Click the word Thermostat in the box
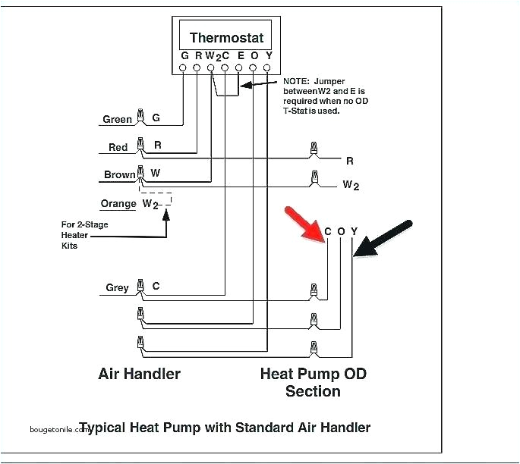(225, 38)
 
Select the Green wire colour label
(117, 119)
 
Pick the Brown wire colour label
(119, 174)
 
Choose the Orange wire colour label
(118, 203)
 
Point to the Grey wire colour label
(117, 287)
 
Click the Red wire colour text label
(118, 147)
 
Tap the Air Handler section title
(139, 374)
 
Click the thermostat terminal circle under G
(183, 68)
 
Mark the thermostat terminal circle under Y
(267, 68)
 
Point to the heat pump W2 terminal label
(350, 184)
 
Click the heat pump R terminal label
(349, 161)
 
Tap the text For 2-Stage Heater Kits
(75, 235)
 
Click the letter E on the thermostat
(239, 55)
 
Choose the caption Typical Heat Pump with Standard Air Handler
(225, 428)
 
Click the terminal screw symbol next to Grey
(140, 287)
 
